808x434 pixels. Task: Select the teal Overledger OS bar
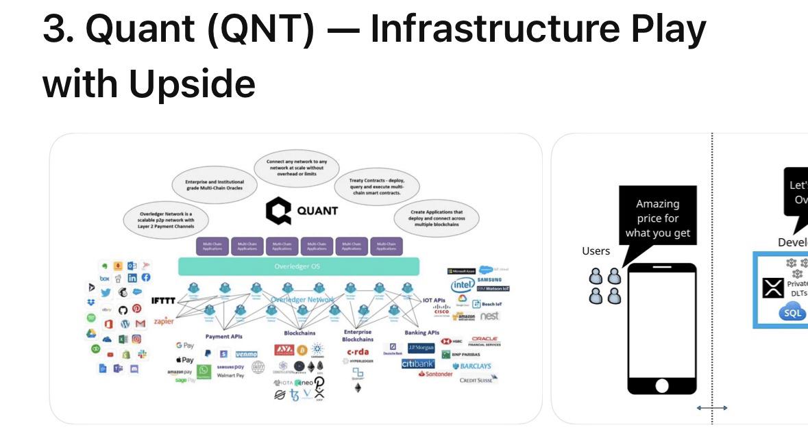point(298,266)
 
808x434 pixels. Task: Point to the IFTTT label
point(163,301)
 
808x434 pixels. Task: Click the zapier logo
point(164,320)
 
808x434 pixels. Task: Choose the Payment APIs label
point(224,337)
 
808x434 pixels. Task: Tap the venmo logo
point(246,354)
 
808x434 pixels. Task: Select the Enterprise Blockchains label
point(358,335)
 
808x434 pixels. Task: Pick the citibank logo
point(417,363)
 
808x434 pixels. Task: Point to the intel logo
point(463,284)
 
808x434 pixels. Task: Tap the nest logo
point(489,316)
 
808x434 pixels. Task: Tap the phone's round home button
point(661,385)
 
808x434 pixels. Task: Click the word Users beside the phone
point(596,251)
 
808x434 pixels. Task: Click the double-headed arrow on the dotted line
point(712,408)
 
